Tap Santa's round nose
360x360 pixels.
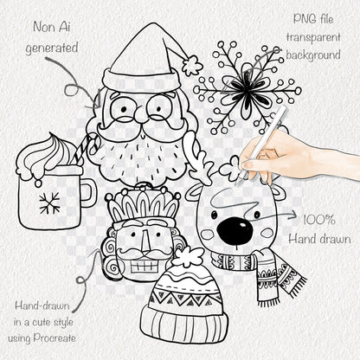point(141,114)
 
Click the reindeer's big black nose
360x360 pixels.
point(235,231)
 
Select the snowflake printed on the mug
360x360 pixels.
point(49,202)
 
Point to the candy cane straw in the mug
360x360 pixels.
point(86,149)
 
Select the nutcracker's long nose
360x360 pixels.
point(145,241)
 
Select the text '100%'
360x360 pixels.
point(319,220)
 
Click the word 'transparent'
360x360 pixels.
point(313,37)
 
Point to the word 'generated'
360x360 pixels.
point(52,48)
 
